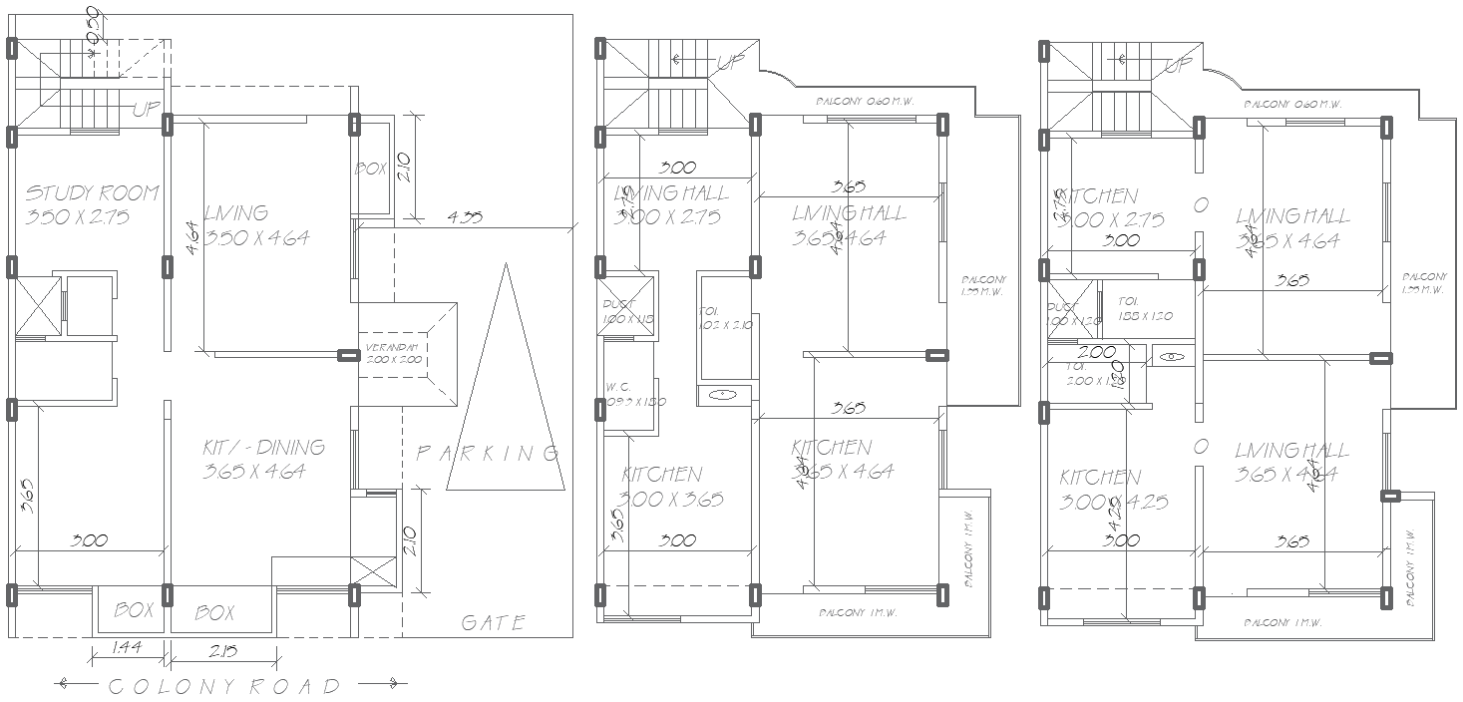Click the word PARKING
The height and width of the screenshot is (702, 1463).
[x=486, y=454]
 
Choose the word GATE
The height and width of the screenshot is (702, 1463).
[x=493, y=623]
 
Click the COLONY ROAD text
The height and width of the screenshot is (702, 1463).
[x=223, y=686]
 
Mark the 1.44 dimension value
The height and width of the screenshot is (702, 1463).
[x=125, y=649]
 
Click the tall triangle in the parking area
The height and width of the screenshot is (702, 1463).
[x=504, y=399]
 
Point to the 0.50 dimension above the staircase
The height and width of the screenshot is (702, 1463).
[x=93, y=25]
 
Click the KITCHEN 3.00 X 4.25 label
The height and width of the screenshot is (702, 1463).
[x=1113, y=489]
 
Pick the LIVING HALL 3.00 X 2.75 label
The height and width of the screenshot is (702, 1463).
[x=670, y=204]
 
